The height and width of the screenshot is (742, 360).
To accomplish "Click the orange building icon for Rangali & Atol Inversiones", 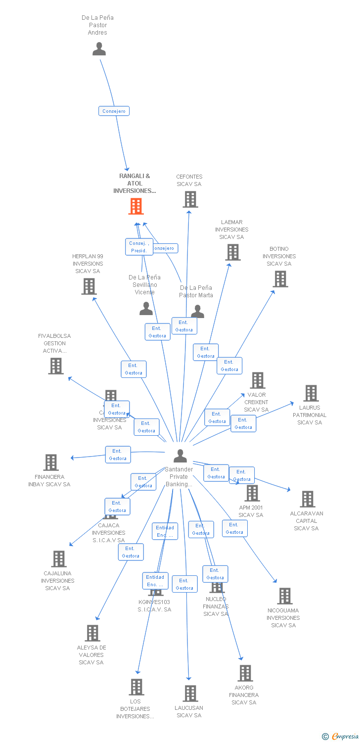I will pos(136,206).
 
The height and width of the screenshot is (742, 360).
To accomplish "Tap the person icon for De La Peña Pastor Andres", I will pos(99,49).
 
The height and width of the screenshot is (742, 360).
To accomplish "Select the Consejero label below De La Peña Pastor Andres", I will pos(114,111).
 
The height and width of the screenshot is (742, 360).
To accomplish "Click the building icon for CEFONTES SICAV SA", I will pos(190,199).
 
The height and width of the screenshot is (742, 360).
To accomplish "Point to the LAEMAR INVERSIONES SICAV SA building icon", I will pos(232,252).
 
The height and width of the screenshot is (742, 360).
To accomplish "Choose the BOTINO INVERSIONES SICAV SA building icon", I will pos(280,279).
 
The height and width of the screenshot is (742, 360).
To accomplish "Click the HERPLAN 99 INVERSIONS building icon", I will pos(89,286).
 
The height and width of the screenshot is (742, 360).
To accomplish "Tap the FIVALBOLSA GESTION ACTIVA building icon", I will pos(56,366).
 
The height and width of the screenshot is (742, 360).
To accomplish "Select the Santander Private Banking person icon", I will pos(180,456).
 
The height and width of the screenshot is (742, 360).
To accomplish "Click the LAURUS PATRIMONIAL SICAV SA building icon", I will pos(311,393).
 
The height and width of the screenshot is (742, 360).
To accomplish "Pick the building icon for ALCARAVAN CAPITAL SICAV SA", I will pos(308,499).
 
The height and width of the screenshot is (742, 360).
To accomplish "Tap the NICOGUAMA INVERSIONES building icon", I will pos(284,596).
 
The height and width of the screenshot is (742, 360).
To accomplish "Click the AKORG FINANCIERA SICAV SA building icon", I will pos(245,673).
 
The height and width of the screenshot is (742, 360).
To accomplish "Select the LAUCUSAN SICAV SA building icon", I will pos(190,694).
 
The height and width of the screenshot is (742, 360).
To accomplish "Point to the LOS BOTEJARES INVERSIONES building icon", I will pos(136,687).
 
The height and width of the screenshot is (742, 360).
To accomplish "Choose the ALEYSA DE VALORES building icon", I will pos(92,633).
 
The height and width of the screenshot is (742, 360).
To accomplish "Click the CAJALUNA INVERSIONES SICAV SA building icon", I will pos(59,559).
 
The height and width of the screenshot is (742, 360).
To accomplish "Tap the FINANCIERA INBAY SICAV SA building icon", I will pos(51,463).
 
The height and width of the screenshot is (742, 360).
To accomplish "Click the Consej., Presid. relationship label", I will pos(139,247).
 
